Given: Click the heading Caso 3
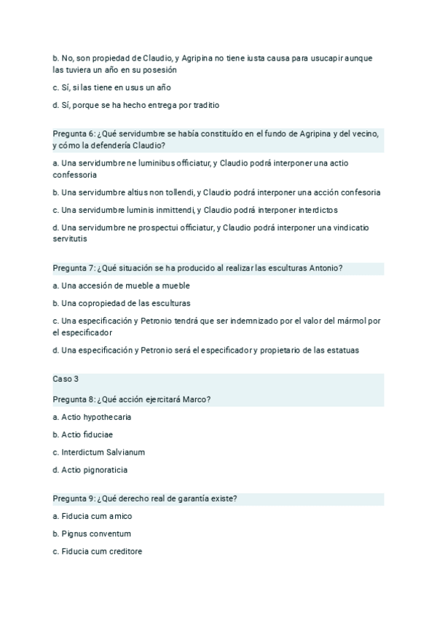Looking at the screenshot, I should pyautogui.click(x=66, y=379).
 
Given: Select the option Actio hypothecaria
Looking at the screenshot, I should pyautogui.click(x=92, y=418).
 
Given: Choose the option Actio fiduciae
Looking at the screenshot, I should pyautogui.click(x=83, y=435).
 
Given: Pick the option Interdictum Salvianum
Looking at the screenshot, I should pyautogui.click(x=96, y=453).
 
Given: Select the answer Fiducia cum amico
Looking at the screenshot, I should pyautogui.click(x=92, y=517).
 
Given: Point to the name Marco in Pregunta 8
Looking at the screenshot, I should pyautogui.click(x=194, y=399).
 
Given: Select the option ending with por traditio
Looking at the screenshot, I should pyautogui.click(x=136, y=105).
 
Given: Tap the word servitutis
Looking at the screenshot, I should pyautogui.click(x=70, y=238).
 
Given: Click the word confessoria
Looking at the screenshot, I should pyautogui.click(x=75, y=175).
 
